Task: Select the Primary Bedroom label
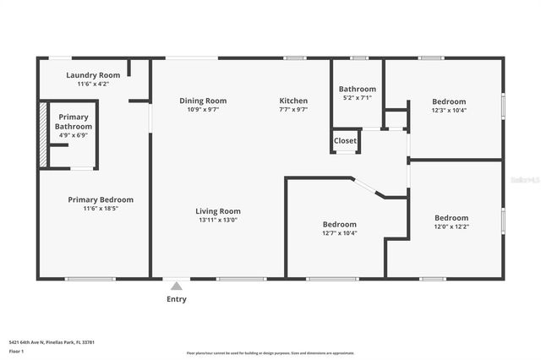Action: (x=101, y=199)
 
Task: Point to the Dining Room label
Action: (x=203, y=101)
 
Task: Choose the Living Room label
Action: (x=218, y=211)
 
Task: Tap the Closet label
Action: (x=345, y=140)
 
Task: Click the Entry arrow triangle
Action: (x=176, y=286)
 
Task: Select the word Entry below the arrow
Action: (x=177, y=299)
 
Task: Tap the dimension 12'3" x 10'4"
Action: (x=449, y=110)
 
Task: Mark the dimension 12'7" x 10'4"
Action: (x=339, y=233)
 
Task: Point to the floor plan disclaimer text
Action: (x=270, y=353)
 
